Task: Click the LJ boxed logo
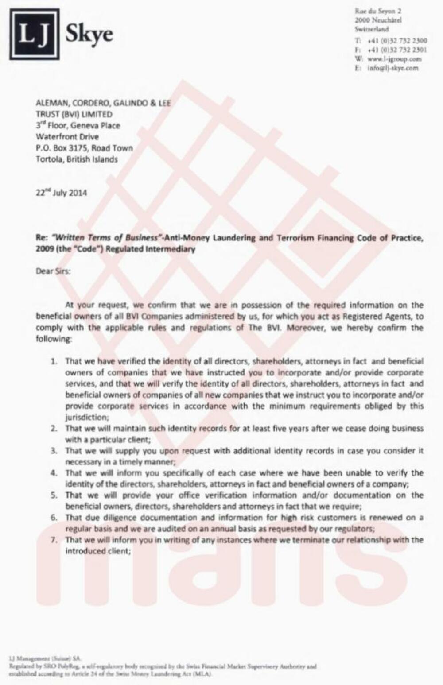[x=35, y=34]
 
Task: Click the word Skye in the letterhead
[x=89, y=35]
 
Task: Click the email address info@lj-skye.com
[x=392, y=68]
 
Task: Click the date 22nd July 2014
[x=61, y=193]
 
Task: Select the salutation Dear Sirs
[x=53, y=271]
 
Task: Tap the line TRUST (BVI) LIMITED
[x=74, y=114]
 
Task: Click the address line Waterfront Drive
[x=67, y=137]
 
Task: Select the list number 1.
[x=54, y=362]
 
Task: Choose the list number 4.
[x=54, y=473]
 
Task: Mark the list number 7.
[x=54, y=540]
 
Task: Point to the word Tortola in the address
[x=49, y=159]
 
